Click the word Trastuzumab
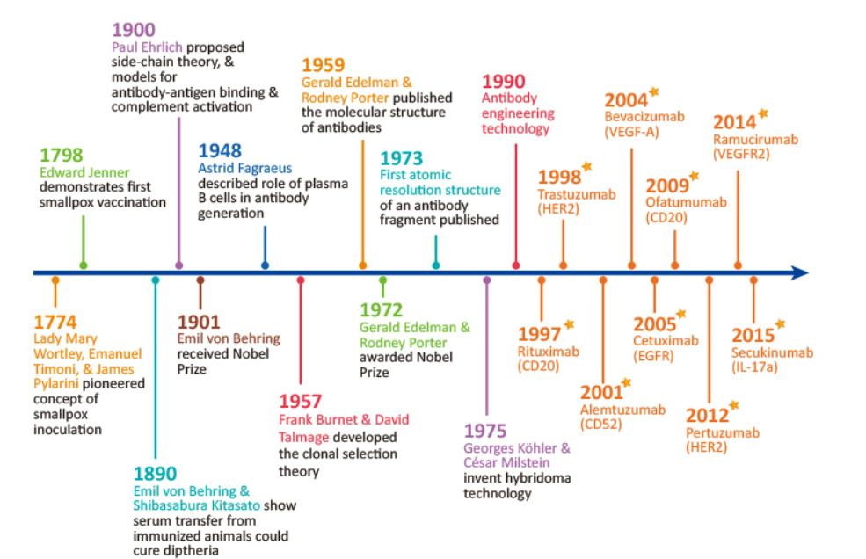(576, 194)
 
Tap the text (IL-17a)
(760, 368)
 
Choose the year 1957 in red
(301, 401)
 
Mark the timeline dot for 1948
(266, 265)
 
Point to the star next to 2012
(734, 405)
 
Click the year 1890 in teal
(155, 473)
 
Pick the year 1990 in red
(504, 81)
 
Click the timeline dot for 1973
(436, 265)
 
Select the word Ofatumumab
(686, 202)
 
